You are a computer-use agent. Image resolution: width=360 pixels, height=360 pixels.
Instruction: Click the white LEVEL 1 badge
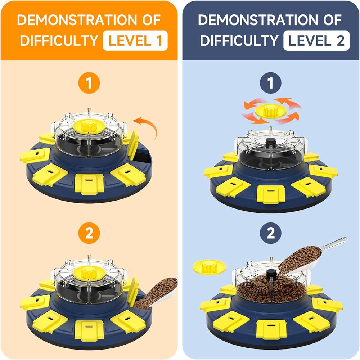click(135, 41)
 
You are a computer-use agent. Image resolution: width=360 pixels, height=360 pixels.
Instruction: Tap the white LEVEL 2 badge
click(316, 41)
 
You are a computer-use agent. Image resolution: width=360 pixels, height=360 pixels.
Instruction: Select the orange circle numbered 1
click(89, 83)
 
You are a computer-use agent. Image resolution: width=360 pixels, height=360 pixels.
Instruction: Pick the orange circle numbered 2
click(89, 233)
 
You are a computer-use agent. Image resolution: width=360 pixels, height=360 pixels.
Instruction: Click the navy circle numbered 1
click(271, 83)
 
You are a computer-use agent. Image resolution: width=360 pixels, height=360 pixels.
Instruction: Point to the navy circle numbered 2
click(271, 233)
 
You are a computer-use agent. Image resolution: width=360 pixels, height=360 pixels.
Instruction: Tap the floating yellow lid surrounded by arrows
click(271, 111)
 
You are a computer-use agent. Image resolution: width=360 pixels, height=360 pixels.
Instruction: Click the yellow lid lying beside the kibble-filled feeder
click(209, 267)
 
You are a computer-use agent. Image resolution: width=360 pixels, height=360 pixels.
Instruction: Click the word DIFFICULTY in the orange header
click(59, 41)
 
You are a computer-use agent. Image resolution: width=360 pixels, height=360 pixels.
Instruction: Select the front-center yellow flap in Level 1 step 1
click(89, 184)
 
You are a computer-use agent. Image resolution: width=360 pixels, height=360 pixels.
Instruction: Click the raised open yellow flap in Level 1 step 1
click(132, 145)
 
